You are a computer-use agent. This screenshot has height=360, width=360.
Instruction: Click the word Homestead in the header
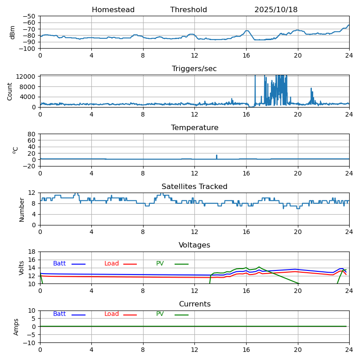pyautogui.click(x=113, y=10)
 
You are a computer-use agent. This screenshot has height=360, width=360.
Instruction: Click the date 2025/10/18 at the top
pyautogui.click(x=276, y=10)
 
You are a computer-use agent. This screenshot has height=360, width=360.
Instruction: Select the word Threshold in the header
pyautogui.click(x=189, y=10)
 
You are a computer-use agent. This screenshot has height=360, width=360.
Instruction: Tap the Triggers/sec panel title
pyautogui.click(x=194, y=69)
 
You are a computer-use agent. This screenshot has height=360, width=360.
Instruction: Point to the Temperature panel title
pyautogui.click(x=194, y=128)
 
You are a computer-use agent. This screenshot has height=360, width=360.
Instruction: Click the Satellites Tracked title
pyautogui.click(x=194, y=187)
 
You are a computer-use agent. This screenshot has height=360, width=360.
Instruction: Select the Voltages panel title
pyautogui.click(x=194, y=245)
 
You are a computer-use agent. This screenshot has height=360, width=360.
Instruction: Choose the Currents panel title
pyautogui.click(x=194, y=304)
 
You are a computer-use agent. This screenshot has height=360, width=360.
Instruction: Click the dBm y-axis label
pyautogui.click(x=13, y=32)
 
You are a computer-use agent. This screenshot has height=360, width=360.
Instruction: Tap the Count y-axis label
pyautogui.click(x=10, y=91)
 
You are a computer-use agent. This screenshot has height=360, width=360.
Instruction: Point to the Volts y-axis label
pyautogui.click(x=22, y=268)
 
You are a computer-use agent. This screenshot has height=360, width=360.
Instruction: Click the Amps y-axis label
pyautogui.click(x=16, y=327)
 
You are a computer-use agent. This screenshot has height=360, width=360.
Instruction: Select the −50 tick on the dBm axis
pyautogui.click(x=29, y=16)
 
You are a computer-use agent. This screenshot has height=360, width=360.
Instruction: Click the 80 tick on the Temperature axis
pyautogui.click(x=32, y=134)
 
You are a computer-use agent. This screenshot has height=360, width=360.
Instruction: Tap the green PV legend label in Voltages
pyautogui.click(x=160, y=264)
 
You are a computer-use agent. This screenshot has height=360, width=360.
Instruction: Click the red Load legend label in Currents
pyautogui.click(x=112, y=314)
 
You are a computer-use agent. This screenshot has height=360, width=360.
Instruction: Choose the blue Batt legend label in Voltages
pyautogui.click(x=59, y=264)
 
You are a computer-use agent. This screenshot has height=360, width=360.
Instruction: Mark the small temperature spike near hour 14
pyautogui.click(x=216, y=156)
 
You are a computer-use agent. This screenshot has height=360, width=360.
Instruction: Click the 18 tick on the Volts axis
pyautogui.click(x=32, y=252)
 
